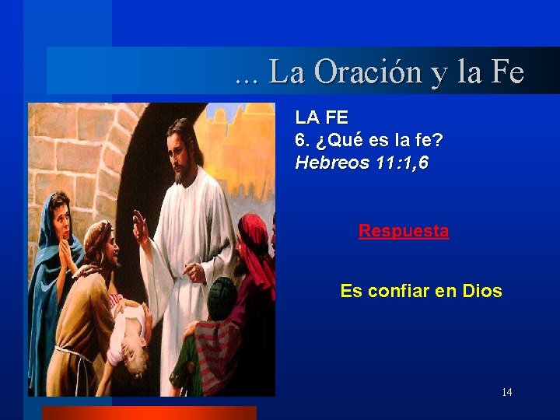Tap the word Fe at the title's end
coord(507,72)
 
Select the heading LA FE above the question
coord(321,117)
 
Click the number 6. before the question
coord(303,141)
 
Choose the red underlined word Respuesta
coord(403,231)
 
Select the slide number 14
coord(506,392)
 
